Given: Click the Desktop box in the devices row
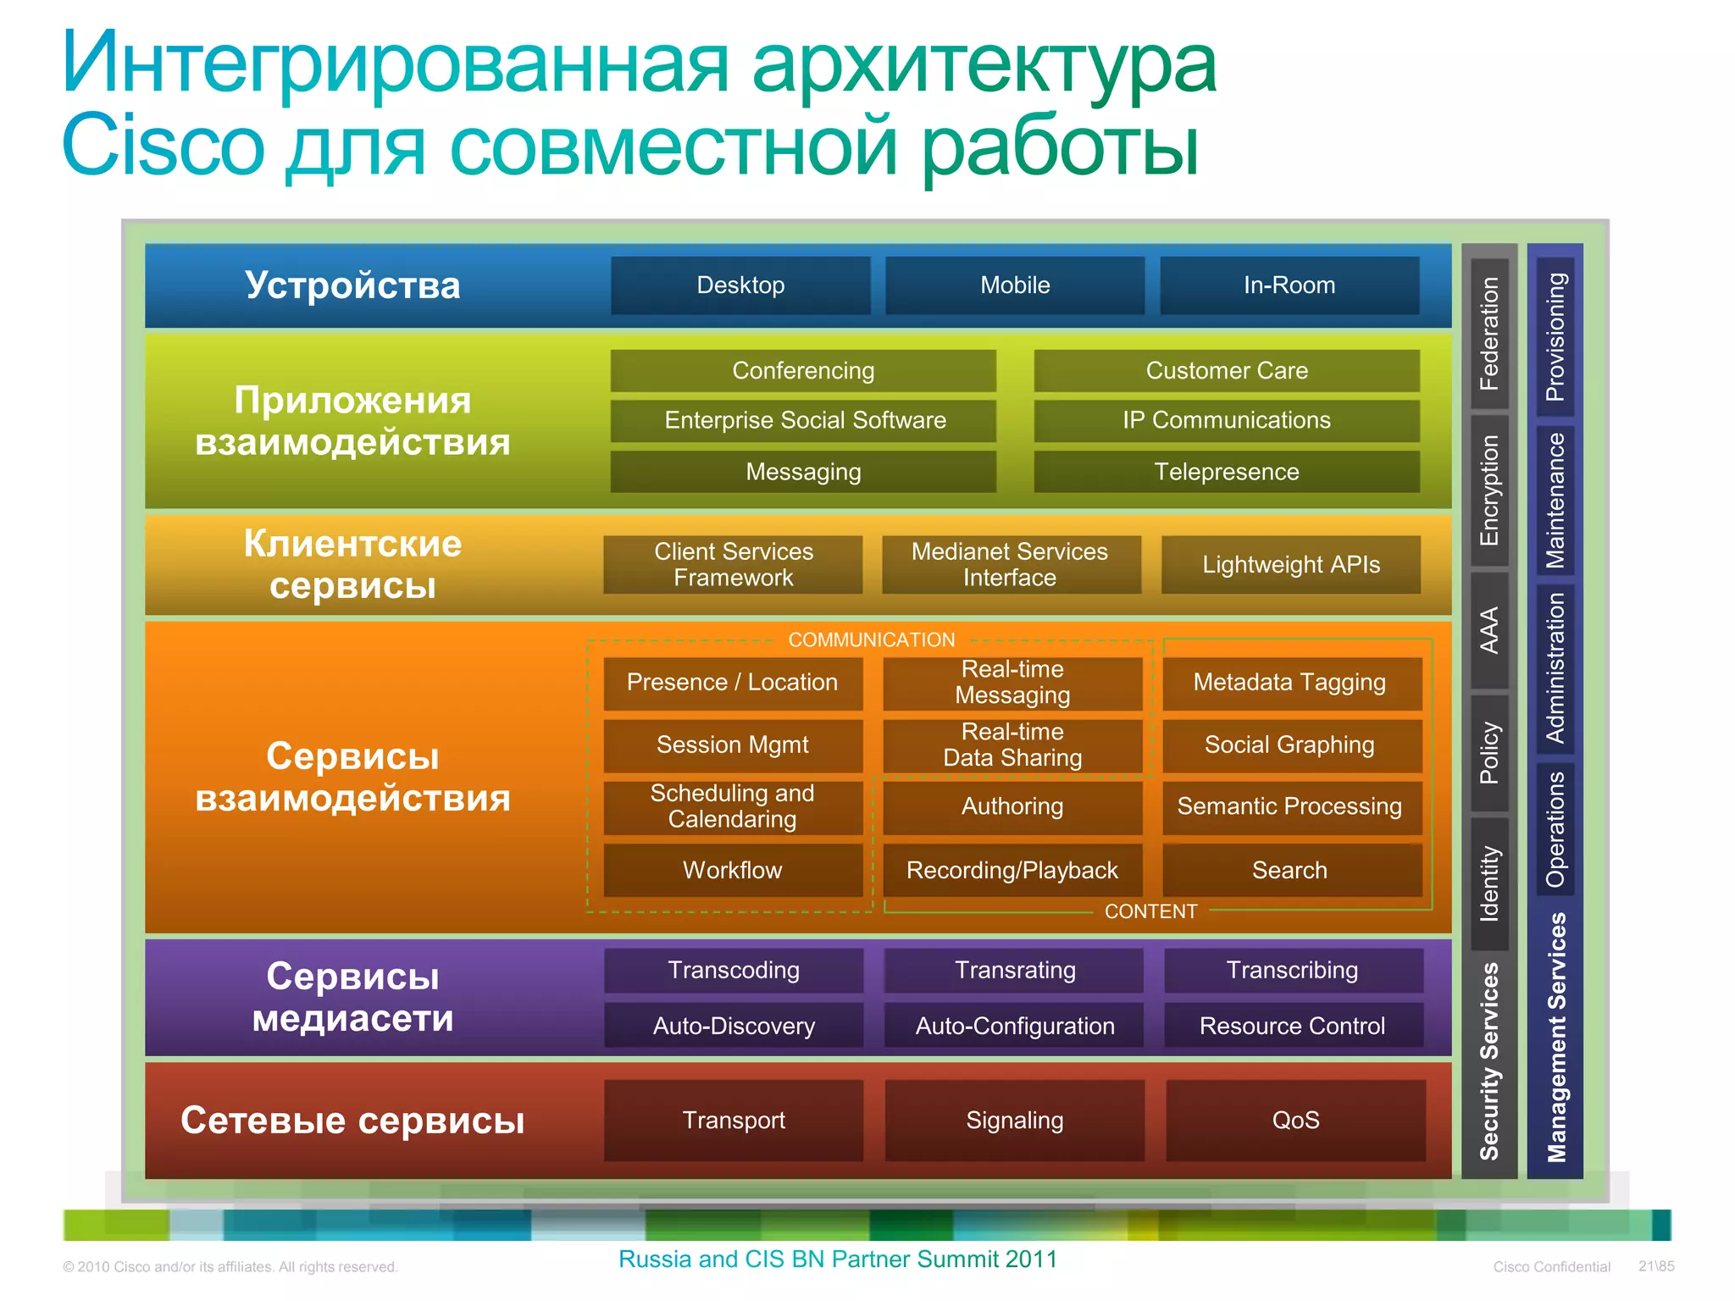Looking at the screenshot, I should (x=740, y=285).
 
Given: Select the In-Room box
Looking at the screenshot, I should (x=1289, y=285).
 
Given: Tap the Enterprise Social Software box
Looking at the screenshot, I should (x=804, y=420).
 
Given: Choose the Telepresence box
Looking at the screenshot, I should (x=1226, y=472).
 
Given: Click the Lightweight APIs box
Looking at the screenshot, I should (x=1290, y=564).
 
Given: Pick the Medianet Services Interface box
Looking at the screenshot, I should (x=1010, y=564).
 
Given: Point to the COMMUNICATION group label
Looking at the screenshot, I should (x=871, y=639).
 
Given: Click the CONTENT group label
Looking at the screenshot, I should (x=1150, y=911).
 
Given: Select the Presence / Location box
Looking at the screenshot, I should (x=732, y=683).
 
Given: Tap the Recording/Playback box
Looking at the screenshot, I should (x=1012, y=870).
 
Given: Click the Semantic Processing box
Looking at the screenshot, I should (x=1289, y=806).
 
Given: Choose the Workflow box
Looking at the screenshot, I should (x=732, y=870).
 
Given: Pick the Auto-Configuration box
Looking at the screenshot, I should (x=1014, y=1026).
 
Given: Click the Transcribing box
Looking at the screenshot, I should (x=1292, y=970).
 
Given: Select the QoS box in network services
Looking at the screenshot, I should (x=1294, y=1120).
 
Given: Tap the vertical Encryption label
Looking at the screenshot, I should (x=1489, y=490).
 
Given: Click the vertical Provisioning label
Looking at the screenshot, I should (x=1555, y=336).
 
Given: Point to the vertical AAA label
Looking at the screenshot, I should (x=1489, y=630).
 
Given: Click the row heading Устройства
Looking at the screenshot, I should (x=352, y=285).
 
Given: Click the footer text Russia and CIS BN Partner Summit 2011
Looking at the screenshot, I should (x=837, y=1259).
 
